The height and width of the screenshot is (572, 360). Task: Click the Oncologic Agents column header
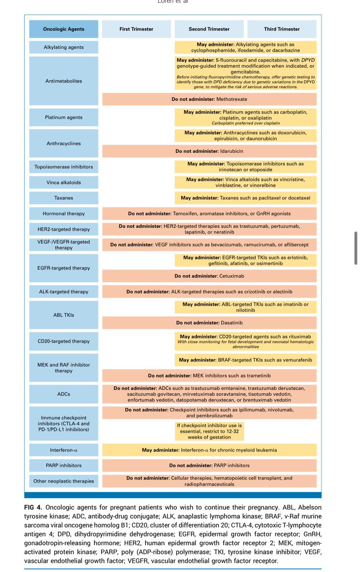pyautogui.click(x=64, y=29)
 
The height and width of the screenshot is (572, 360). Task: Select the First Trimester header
pyautogui.click(x=136, y=29)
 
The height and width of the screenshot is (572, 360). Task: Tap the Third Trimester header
pyautogui.click(x=282, y=29)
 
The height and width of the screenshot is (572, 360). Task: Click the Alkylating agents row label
pyautogui.click(x=64, y=47)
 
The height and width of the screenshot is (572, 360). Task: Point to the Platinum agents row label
pyautogui.click(x=64, y=117)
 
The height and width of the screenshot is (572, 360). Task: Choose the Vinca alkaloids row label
pyautogui.click(x=64, y=182)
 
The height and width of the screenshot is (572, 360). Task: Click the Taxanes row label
pyautogui.click(x=64, y=198)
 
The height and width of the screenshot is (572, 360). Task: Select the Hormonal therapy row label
pyautogui.click(x=64, y=214)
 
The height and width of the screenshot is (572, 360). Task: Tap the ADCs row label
pyautogui.click(x=64, y=394)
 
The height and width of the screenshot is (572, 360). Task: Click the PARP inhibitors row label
pyautogui.click(x=64, y=465)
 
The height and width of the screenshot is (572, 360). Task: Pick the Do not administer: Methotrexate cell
pyautogui.click(x=210, y=99)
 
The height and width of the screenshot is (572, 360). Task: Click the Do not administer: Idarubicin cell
pyautogui.click(x=210, y=151)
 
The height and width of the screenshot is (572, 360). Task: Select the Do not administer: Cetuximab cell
pyautogui.click(x=210, y=276)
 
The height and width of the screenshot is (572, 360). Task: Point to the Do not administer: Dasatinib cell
pyautogui.click(x=210, y=323)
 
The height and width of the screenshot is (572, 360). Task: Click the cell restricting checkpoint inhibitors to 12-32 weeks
pyautogui.click(x=210, y=431)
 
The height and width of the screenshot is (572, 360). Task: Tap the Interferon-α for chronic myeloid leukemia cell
pyautogui.click(x=210, y=450)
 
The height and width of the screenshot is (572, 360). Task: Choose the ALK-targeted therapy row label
pyautogui.click(x=64, y=291)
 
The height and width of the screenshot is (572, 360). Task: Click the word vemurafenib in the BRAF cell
pyautogui.click(x=296, y=360)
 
